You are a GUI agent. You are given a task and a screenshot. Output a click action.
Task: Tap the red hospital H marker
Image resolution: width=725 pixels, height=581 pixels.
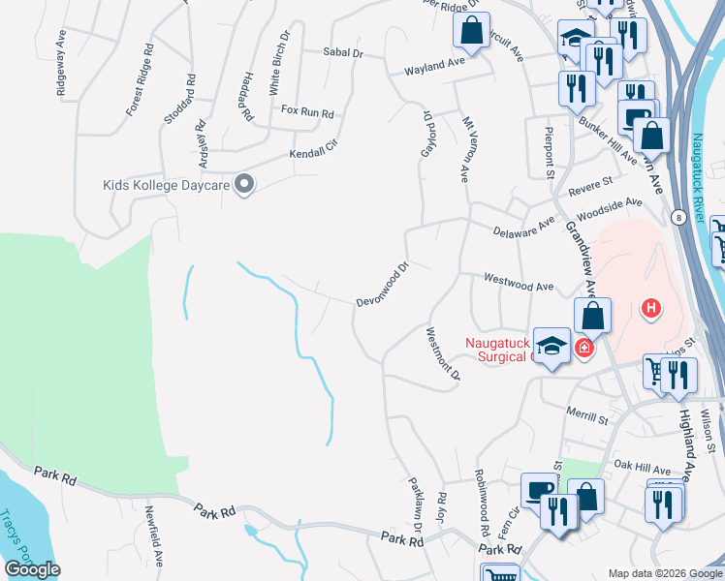(651, 309)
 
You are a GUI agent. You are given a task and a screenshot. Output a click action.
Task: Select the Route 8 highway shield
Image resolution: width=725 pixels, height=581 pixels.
(680, 218)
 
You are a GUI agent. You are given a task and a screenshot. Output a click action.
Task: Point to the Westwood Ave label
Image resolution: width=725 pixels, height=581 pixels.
(519, 287)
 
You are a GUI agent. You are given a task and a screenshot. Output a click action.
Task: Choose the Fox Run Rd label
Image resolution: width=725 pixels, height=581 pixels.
(307, 112)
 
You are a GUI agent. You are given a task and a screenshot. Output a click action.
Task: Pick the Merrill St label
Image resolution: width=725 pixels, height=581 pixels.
(587, 418)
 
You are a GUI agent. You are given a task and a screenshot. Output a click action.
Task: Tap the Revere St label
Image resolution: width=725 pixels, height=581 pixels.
(591, 183)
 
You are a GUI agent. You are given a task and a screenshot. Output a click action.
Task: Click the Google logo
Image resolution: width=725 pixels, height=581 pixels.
(33, 569)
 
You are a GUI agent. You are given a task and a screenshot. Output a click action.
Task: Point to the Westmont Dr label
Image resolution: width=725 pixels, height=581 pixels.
(442, 353)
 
